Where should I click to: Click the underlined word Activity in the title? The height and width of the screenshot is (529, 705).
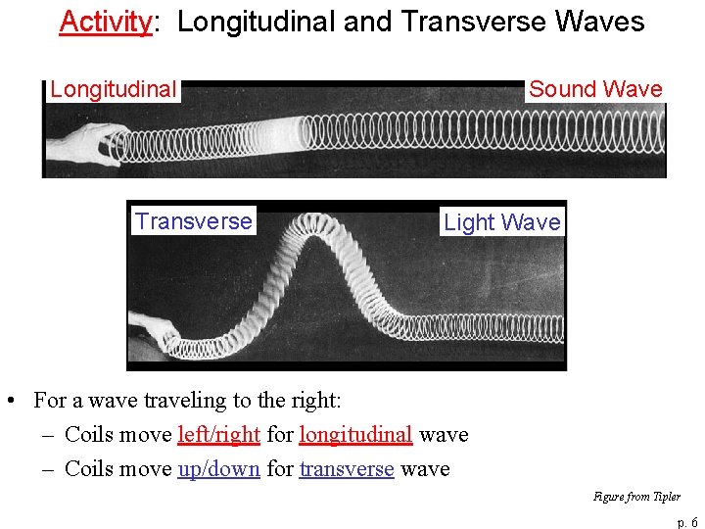(105, 22)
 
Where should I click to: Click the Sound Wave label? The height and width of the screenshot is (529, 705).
(595, 89)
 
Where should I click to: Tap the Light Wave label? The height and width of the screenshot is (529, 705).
(502, 222)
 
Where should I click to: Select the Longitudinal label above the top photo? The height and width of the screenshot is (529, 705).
(114, 90)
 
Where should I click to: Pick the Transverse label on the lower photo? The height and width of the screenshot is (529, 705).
(194, 221)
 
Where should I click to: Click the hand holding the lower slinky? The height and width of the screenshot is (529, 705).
(152, 328)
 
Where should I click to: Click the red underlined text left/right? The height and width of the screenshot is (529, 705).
(218, 435)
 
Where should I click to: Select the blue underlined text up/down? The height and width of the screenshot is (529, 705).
(218, 469)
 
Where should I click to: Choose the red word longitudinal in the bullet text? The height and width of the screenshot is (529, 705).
(355, 435)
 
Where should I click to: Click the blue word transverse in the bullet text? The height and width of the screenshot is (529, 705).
(347, 469)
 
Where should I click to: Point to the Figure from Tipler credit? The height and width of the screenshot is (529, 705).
(636, 497)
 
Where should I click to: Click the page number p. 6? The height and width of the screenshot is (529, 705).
(687, 522)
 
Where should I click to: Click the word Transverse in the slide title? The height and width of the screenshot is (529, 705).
(472, 22)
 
